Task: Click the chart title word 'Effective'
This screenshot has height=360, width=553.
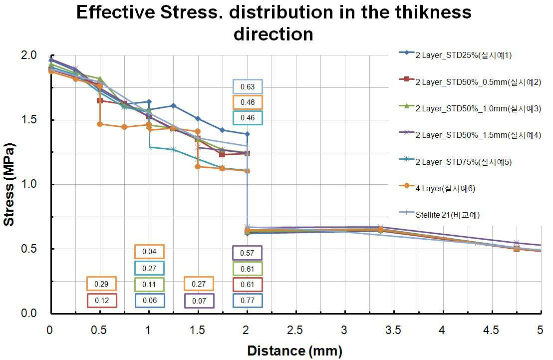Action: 115,12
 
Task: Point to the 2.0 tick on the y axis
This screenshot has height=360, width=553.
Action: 29,55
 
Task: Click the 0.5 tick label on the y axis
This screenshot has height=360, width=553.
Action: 29,249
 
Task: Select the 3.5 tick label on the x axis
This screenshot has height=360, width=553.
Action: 393,330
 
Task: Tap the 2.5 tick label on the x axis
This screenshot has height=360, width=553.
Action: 295,330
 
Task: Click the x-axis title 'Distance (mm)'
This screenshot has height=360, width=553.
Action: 295,351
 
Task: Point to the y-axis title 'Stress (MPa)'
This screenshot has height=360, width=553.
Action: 9,184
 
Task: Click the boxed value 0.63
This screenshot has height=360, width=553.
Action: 248,87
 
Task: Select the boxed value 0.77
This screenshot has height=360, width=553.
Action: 247,301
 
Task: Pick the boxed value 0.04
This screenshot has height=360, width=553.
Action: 149,252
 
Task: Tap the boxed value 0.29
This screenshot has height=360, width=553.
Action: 102,284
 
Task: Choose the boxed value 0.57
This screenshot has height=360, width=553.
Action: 247,253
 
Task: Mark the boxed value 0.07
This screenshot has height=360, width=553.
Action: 199,301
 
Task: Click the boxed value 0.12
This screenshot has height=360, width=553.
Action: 102,301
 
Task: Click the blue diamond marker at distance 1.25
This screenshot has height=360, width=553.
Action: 173,105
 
